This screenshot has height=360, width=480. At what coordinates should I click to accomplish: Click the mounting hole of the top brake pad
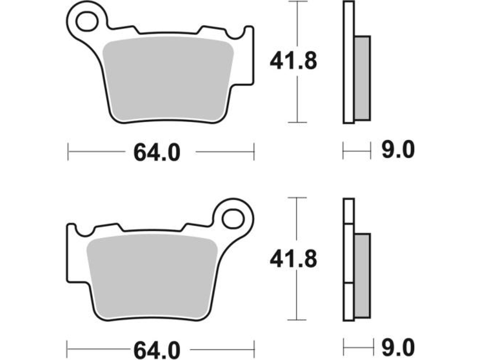click(87, 21)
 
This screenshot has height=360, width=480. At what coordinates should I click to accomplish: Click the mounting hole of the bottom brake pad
click(233, 219)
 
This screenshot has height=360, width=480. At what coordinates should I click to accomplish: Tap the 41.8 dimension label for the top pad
click(293, 61)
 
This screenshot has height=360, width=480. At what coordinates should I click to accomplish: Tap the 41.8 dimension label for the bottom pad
click(293, 259)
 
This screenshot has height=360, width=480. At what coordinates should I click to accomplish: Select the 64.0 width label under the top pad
click(157, 152)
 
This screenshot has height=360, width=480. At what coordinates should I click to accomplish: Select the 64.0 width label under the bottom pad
click(157, 349)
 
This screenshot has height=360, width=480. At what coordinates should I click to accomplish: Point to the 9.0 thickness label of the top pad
click(398, 150)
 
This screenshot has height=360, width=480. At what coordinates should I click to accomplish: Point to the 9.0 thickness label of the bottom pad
click(398, 347)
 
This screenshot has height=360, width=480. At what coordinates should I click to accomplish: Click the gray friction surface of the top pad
click(168, 78)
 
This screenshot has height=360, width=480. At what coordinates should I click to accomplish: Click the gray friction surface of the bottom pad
click(152, 275)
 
